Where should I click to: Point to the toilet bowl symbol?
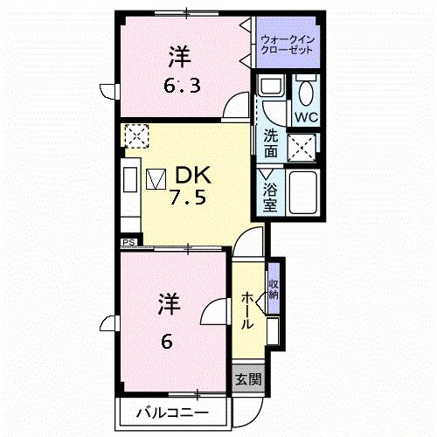tap(305, 91)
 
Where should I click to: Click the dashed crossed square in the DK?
tap(136, 135)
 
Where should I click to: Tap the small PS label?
tap(128, 242)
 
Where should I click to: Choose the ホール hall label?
tap(247, 310)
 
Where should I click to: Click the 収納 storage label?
tap(274, 288)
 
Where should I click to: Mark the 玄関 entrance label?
tap(247, 379)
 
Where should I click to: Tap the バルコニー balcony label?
tap(171, 412)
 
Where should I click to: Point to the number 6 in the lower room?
tap(165, 341)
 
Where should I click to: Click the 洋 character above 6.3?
tap(177, 58)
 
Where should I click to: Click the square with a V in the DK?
tap(156, 178)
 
